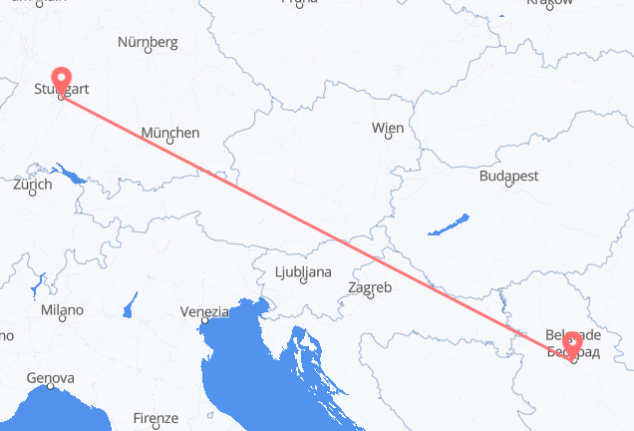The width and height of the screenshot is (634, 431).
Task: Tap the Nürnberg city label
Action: tap(148, 42)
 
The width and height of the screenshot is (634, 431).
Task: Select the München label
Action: tap(169, 132)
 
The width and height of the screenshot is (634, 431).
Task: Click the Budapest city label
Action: tap(508, 176)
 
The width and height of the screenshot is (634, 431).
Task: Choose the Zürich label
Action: tap(33, 185)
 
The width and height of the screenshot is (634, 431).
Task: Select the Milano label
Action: tap(62, 310)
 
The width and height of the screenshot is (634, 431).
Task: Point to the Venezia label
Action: tap(204, 312)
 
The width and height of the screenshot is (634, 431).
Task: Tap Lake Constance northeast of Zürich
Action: tap(73, 177)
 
